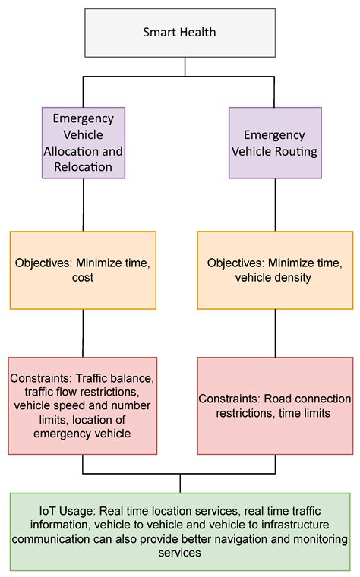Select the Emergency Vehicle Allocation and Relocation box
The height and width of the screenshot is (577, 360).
(x=83, y=143)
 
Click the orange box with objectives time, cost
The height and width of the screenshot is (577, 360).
(x=83, y=270)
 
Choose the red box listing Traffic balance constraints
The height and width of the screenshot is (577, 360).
(x=83, y=405)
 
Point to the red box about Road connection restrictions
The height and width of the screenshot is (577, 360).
(x=274, y=405)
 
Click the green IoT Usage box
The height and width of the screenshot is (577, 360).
(x=180, y=531)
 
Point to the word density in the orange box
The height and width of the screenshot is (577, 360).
(x=296, y=278)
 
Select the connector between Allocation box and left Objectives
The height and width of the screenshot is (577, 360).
(x=83, y=205)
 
